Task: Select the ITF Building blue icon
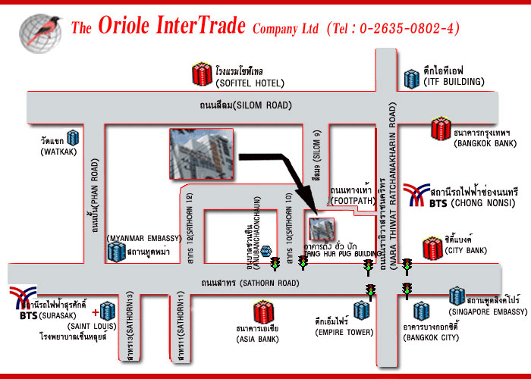coord(412,77)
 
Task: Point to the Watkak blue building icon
coord(74,137)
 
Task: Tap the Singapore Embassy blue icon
coord(456,296)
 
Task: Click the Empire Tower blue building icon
coord(361,310)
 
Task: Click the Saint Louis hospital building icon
coord(106,310)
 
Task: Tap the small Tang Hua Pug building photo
coord(321,227)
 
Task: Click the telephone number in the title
coord(402,30)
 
